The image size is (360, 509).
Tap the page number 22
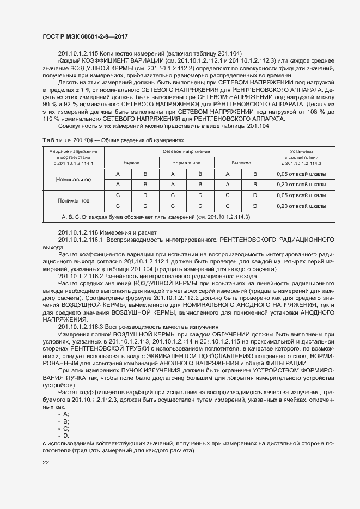pos(46,463)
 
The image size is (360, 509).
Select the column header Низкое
pos(131,163)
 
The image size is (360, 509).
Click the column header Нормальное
pos(186,163)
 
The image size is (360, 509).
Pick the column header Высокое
pos(241,163)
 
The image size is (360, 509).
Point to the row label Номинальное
pos(74,179)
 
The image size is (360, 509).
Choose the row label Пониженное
pos(74,200)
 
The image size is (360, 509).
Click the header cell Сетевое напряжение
pos(186,151)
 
